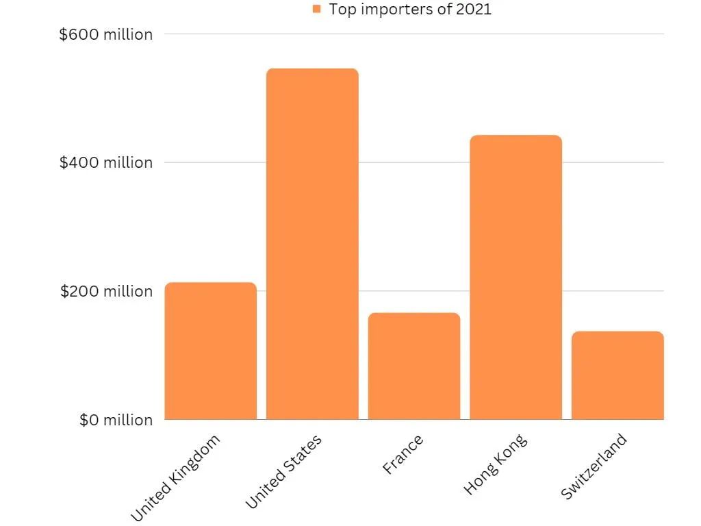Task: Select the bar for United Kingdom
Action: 211,351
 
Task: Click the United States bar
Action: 312,244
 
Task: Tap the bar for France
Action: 414,366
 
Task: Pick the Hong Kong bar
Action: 516,277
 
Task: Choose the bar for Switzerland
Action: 618,375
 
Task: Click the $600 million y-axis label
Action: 106,34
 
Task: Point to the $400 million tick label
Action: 106,162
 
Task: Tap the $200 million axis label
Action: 106,291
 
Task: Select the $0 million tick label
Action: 116,420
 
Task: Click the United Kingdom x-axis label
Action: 175,477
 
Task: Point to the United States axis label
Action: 283,471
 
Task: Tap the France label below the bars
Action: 403,454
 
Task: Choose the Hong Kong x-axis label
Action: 496,464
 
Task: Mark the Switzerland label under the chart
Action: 594,466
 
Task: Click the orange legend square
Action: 316,9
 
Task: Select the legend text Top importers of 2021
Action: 410,10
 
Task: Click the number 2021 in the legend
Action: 474,9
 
